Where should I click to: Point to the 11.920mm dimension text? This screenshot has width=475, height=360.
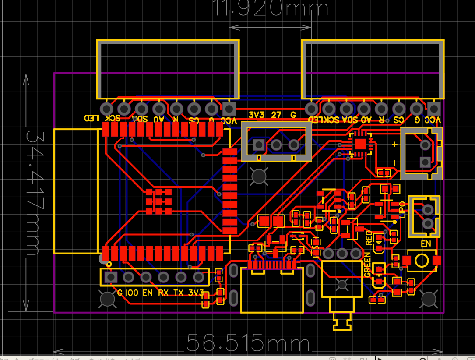(271, 8)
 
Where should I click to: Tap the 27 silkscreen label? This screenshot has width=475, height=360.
(276, 115)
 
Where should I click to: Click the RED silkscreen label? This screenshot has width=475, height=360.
(369, 237)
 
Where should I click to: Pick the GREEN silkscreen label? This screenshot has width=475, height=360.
(368, 265)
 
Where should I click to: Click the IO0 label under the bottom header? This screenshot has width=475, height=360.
(132, 293)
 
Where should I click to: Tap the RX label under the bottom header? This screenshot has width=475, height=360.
(163, 293)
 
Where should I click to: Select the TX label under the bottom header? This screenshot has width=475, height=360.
(178, 293)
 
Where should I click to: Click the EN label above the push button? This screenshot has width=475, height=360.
(426, 244)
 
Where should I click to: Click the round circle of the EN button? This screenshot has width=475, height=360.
(422, 261)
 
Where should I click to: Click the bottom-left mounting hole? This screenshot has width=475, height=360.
(107, 299)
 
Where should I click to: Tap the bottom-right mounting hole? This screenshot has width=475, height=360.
(429, 299)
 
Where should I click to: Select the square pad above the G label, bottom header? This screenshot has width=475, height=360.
(111, 277)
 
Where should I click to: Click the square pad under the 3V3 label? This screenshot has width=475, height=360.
(259, 145)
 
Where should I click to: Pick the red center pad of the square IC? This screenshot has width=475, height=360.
(360, 144)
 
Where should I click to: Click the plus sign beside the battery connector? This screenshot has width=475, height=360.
(394, 145)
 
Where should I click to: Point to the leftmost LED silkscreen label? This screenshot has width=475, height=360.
(91, 118)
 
